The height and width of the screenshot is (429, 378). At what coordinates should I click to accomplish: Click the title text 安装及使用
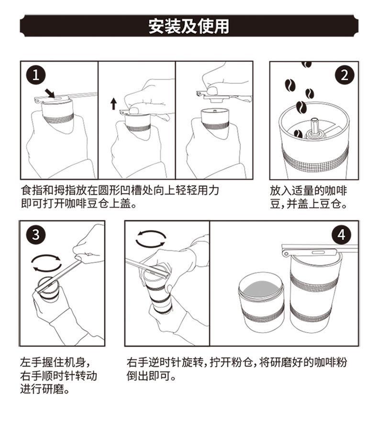189,26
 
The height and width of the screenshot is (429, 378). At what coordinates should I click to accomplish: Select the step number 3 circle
35,236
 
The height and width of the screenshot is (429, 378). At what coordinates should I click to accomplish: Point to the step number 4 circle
341,235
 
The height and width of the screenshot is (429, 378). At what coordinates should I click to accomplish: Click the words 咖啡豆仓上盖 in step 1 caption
93,204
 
